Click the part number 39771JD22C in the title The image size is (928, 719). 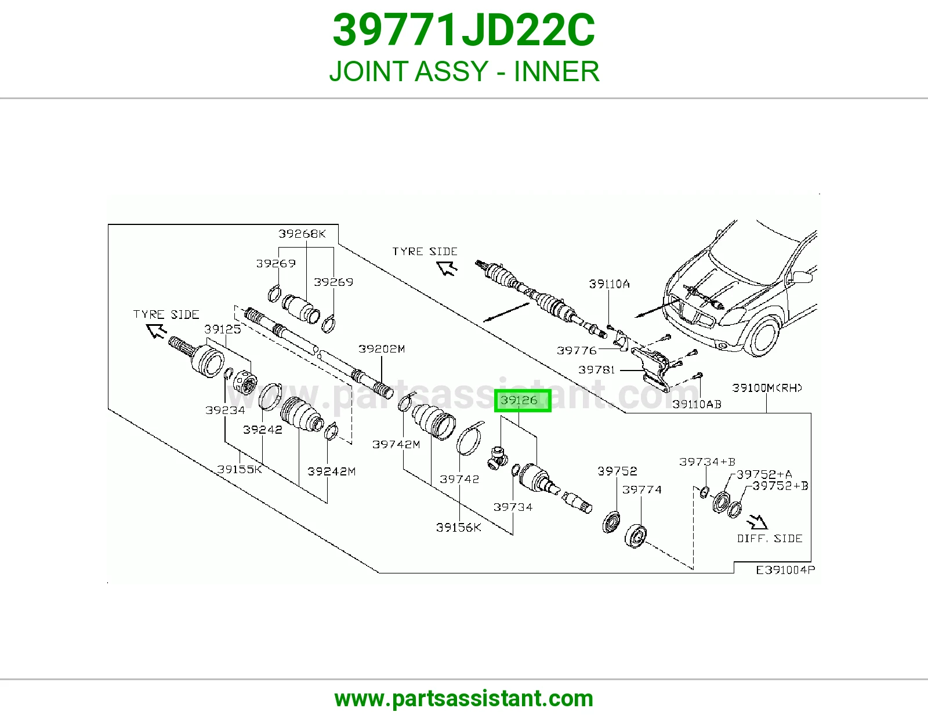pyautogui.click(x=464, y=30)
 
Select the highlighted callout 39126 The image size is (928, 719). pyautogui.click(x=523, y=401)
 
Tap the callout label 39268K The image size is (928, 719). pyautogui.click(x=302, y=234)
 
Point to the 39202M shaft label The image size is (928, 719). pyautogui.click(x=382, y=349)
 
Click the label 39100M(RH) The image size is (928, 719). pyautogui.click(x=767, y=388)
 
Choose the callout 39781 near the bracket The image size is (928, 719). pyautogui.click(x=596, y=369)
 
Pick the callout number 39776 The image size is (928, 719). pyautogui.click(x=577, y=351)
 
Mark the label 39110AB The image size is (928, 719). pyautogui.click(x=697, y=404)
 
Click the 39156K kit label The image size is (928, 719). pyautogui.click(x=458, y=528)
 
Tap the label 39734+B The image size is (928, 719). pyautogui.click(x=707, y=462)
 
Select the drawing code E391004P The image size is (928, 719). pyautogui.click(x=785, y=570)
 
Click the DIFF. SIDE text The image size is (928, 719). pyautogui.click(x=770, y=539)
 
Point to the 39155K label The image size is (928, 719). pyautogui.click(x=240, y=469)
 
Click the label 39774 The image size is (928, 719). pyautogui.click(x=642, y=489)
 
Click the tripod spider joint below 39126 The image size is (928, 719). pyautogui.click(x=497, y=457)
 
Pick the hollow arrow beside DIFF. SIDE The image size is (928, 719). pyautogui.click(x=757, y=522)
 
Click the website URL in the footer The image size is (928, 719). pyautogui.click(x=464, y=699)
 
